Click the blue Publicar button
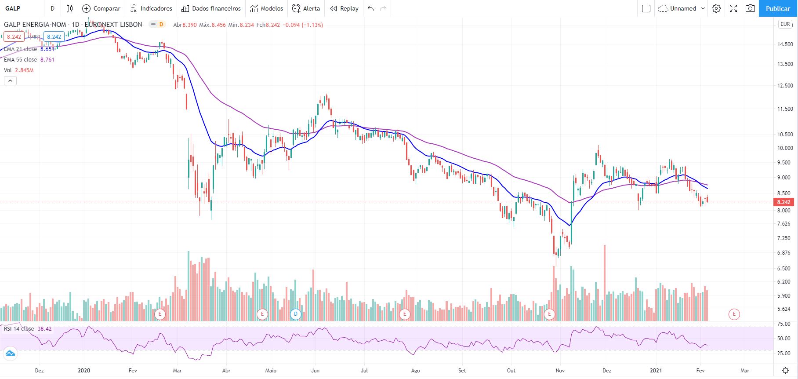pos(777,8)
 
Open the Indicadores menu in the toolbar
pos(151,8)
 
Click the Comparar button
pos(102,8)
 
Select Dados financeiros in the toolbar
pos(211,8)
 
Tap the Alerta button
pos(306,8)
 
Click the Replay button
pos(344,8)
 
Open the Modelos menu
pos(267,8)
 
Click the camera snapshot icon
pos(751,8)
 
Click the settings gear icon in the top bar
pos(716,8)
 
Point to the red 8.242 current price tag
pos(783,202)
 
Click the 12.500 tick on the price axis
pos(785,86)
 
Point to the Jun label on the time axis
pos(315,371)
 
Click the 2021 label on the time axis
pos(656,371)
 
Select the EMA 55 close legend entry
pos(29,60)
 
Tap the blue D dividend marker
pos(296,314)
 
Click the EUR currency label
pos(785,25)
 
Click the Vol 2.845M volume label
pos(18,70)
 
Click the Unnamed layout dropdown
pos(682,8)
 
